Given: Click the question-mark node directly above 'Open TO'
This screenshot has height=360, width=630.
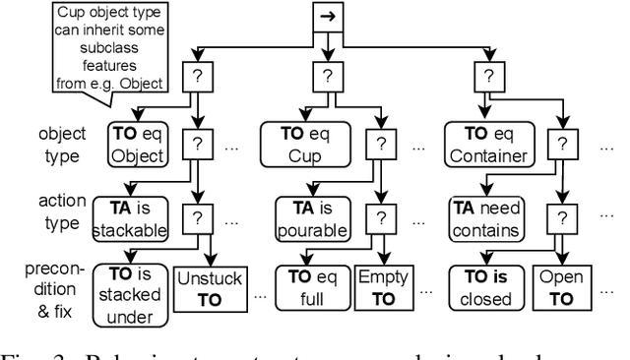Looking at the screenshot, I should tap(563, 217).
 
